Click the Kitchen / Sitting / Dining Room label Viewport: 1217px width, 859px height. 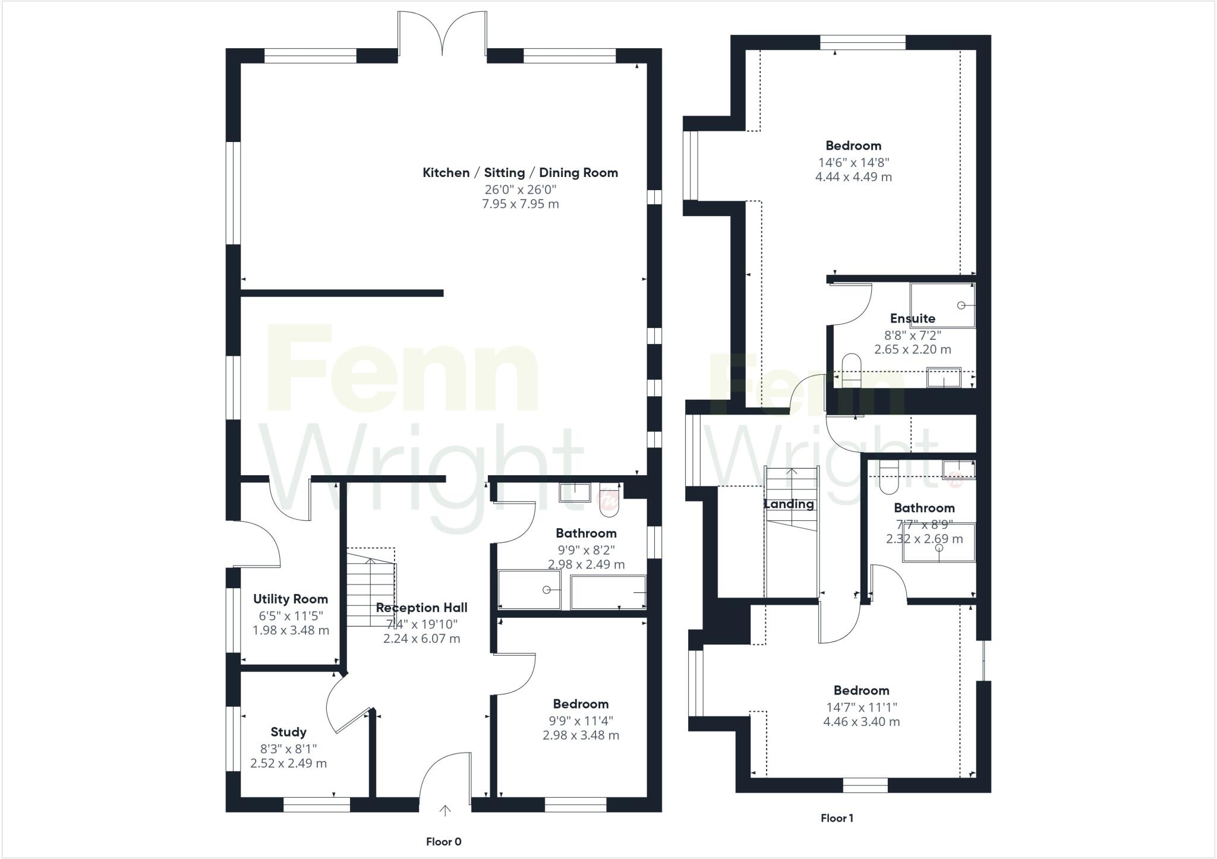[520, 173]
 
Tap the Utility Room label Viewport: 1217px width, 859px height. [290, 599]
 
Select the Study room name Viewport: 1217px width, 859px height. [288, 732]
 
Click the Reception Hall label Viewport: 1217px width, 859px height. [421, 608]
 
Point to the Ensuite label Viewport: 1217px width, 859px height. [912, 318]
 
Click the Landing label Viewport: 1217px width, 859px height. [789, 504]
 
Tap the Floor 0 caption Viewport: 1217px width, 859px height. [443, 842]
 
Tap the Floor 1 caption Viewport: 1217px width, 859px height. [837, 818]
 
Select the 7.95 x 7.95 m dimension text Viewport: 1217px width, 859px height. [520, 204]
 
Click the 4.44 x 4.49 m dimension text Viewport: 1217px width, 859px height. [853, 177]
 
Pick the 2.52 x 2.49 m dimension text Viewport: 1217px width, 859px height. [288, 763]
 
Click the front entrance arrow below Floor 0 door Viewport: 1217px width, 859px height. [445, 810]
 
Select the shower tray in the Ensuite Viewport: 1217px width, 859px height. [942, 305]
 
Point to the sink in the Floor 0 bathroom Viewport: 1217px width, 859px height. [575, 492]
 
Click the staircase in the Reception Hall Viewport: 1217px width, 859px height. [370, 585]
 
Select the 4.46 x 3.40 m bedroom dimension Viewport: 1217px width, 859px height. [861, 722]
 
